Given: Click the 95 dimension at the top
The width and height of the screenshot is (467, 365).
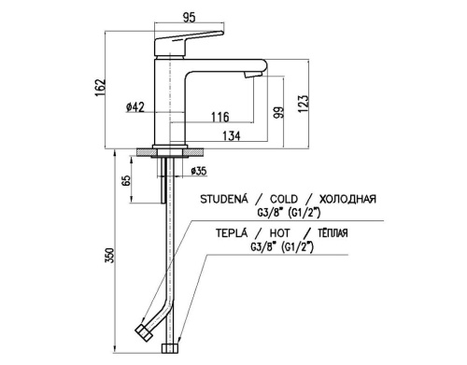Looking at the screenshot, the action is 190,18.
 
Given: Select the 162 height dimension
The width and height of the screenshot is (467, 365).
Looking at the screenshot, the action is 101,88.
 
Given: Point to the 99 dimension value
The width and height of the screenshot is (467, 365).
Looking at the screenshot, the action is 279,112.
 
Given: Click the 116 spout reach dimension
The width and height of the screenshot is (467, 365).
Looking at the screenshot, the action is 220,118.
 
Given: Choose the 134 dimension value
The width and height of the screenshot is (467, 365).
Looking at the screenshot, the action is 232,136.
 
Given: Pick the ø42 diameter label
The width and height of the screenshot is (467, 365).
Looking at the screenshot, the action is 135,107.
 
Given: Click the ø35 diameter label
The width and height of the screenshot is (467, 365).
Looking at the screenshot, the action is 199,171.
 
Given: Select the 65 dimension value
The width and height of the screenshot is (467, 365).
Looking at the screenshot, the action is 126,180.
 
